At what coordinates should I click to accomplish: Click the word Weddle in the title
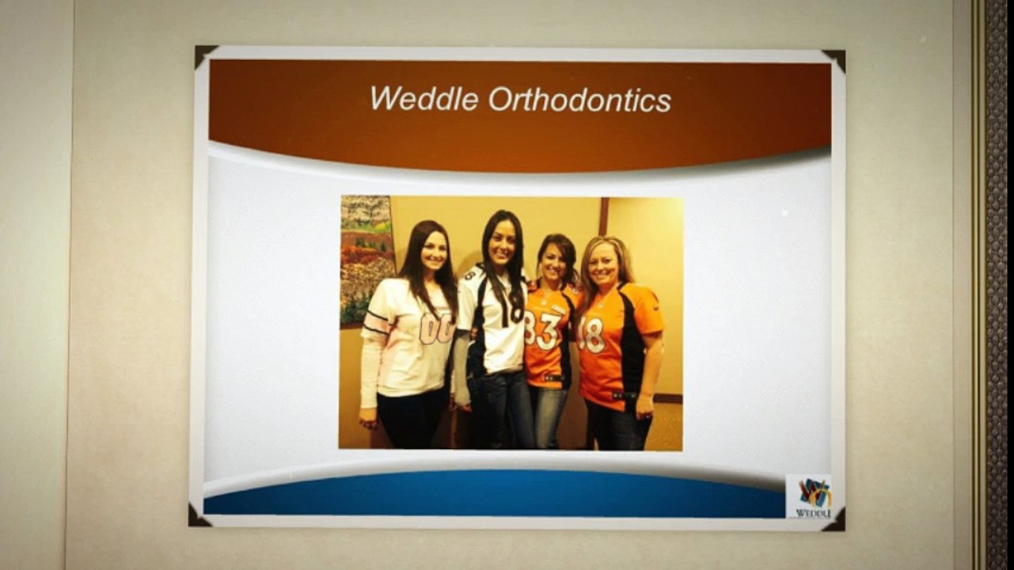[x=423, y=99]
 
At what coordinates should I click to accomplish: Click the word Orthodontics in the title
[x=579, y=100]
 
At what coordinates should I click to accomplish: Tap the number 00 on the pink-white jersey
[x=436, y=328]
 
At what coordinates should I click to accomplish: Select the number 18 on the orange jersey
[x=593, y=334]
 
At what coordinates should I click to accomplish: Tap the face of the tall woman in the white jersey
[x=500, y=244]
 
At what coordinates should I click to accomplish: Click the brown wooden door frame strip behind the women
[x=603, y=217]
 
